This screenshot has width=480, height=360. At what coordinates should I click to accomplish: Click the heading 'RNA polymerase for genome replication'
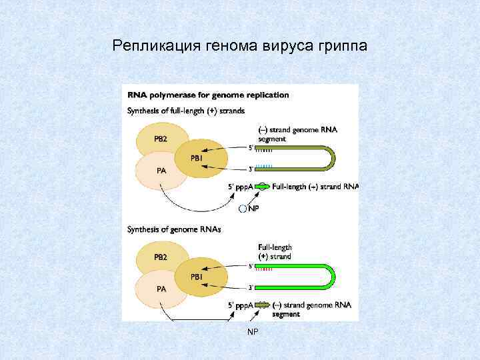point(209,95)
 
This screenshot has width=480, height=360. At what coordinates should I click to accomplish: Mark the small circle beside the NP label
point(243,209)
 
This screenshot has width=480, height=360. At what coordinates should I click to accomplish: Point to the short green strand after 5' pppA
point(263,187)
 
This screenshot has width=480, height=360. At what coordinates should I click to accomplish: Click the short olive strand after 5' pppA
point(263,305)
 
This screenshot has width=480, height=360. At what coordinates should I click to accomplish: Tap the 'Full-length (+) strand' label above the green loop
point(275,251)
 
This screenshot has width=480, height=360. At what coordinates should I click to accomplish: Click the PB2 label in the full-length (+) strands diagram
point(161,139)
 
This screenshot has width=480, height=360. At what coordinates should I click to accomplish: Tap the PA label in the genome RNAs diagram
point(161,289)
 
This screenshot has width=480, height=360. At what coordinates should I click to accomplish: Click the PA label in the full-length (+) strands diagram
point(161,170)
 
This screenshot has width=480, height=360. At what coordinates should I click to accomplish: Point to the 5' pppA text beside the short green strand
point(241,187)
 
